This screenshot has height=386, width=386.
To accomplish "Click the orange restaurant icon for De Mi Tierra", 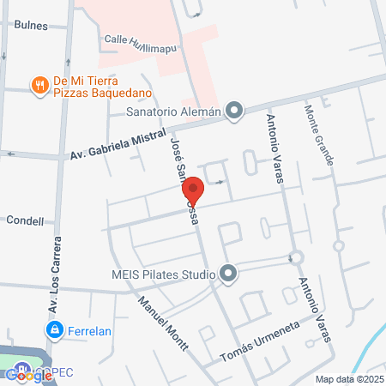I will [39, 85].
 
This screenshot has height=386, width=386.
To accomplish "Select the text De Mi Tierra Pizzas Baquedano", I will [102, 86].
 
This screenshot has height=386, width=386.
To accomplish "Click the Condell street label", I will [25, 221].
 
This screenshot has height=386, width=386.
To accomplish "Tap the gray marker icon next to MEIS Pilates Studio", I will [228, 274].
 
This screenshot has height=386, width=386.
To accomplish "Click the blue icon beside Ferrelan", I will [54, 329].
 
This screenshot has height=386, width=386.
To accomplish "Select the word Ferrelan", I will [90, 329].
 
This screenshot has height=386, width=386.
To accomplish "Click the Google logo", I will [28, 374].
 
